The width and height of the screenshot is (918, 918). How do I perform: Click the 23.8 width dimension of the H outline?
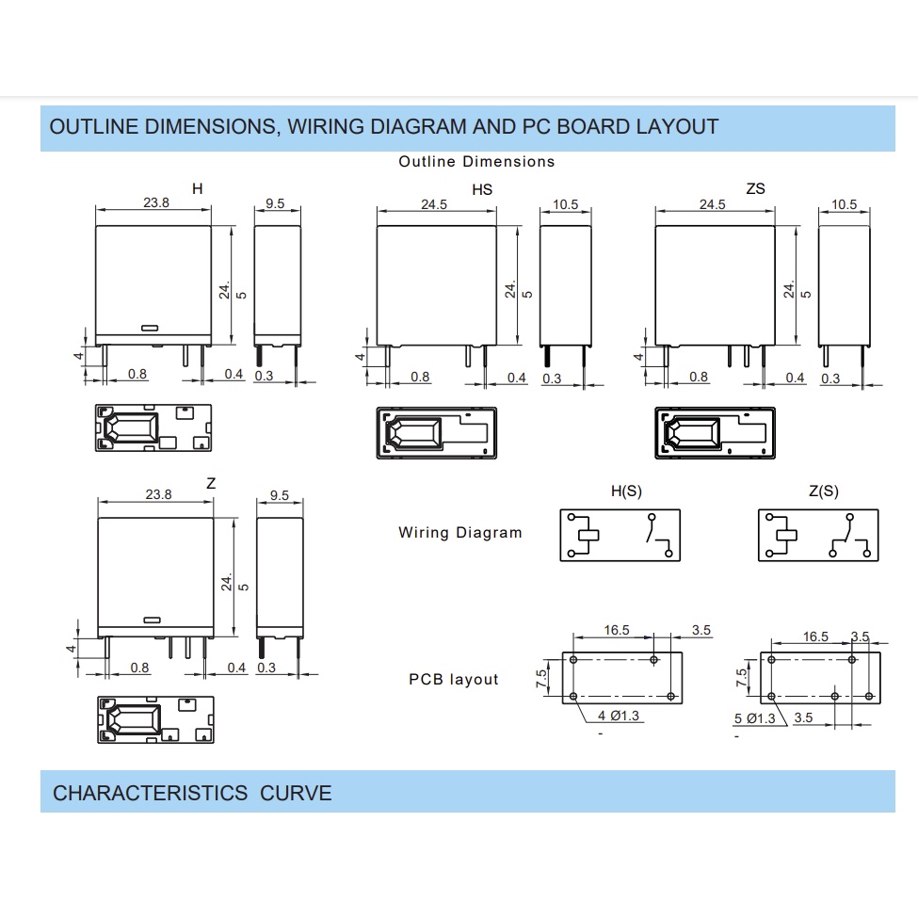point(156,202)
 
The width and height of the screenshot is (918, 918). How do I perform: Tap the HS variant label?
point(482,189)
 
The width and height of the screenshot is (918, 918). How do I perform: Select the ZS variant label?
point(755,188)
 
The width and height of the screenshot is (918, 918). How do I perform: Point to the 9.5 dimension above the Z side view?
point(280,495)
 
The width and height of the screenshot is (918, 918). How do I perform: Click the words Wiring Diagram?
point(460,533)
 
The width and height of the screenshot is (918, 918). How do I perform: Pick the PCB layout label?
point(454,679)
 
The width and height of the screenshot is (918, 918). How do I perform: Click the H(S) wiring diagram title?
point(626,491)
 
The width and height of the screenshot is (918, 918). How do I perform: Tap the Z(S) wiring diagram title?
point(824,491)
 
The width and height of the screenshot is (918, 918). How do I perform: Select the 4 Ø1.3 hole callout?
point(619,716)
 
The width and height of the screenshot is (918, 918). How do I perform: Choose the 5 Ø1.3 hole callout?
point(755,718)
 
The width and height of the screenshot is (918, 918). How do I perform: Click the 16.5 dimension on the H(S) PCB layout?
point(617,630)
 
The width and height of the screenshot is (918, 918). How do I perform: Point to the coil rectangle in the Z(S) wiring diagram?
point(787,535)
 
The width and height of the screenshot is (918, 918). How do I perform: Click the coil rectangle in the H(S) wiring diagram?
point(588,535)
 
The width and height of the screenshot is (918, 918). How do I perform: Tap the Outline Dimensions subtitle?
point(476,162)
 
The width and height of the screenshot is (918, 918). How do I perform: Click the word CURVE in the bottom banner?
point(296,794)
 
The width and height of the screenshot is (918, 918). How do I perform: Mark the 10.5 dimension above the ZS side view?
point(845,204)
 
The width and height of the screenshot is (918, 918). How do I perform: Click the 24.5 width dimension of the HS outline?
point(434,204)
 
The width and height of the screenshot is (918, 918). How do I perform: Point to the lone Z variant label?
point(211,483)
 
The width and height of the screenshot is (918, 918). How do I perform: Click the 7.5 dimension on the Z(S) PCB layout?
point(742,678)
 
